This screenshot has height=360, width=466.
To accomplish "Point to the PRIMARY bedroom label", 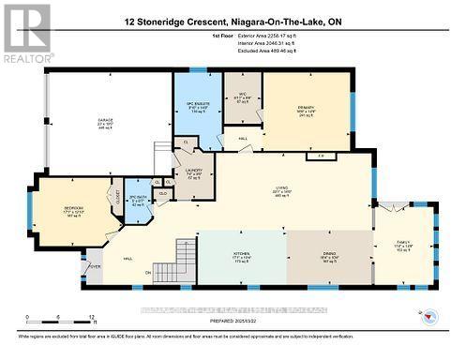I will (307, 107).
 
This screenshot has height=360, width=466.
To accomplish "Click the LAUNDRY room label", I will (194, 171).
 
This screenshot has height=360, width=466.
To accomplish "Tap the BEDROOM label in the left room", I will (74, 207).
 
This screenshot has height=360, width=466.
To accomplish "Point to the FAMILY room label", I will (406, 245).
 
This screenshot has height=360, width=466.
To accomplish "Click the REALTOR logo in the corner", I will (26, 32).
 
